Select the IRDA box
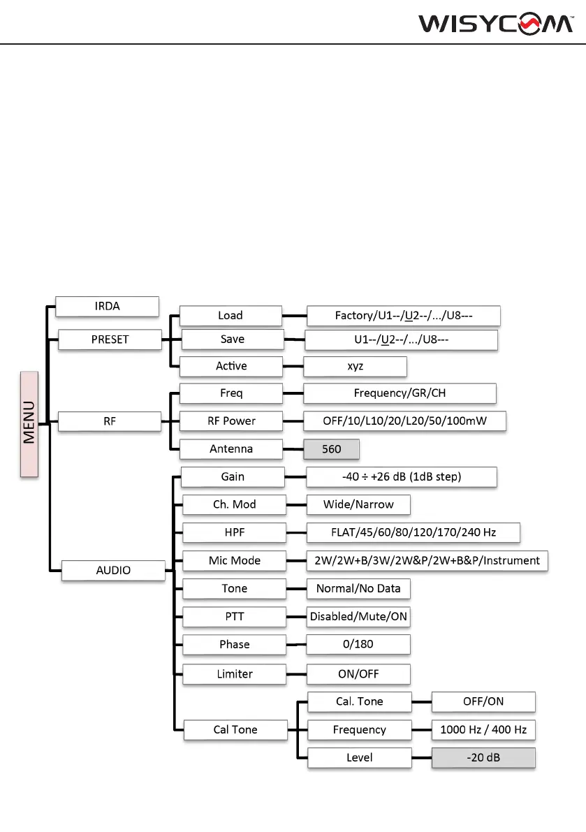pyautogui.click(x=108, y=306)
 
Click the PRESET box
pyautogui.click(x=110, y=340)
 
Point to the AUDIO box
pyautogui.click(x=113, y=570)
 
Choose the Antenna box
pyautogui.click(x=231, y=448)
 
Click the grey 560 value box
pyautogui.click(x=331, y=448)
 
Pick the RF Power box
pyautogui.click(x=231, y=421)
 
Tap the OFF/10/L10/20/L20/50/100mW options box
pyautogui.click(x=404, y=421)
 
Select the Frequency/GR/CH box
pyautogui.click(x=400, y=393)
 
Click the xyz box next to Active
pyautogui.click(x=355, y=366)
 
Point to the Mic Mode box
pyautogui.click(x=234, y=560)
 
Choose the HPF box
pyautogui.click(x=234, y=532)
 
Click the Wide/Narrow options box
pyautogui.click(x=358, y=504)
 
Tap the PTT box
pyautogui.click(x=234, y=617)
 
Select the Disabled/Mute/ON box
pyautogui.click(x=358, y=617)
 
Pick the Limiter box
pyautogui.click(x=234, y=674)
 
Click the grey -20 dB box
pyautogui.click(x=483, y=757)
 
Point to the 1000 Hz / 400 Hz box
pyautogui.click(x=483, y=729)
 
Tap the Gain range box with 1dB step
pyautogui.click(x=402, y=476)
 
